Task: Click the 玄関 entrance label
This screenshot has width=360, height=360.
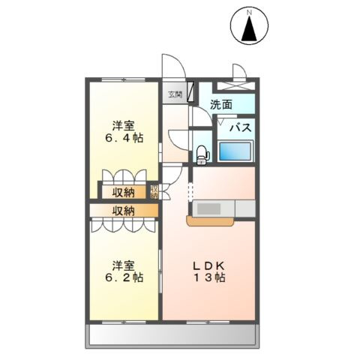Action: point(175,94)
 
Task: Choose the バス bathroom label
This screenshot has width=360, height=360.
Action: point(239,127)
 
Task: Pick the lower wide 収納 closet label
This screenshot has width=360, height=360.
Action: point(124,211)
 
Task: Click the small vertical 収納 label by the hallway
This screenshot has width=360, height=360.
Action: point(154,191)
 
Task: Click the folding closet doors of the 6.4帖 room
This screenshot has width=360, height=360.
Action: point(121,177)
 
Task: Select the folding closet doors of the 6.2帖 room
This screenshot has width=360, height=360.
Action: point(121,226)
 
